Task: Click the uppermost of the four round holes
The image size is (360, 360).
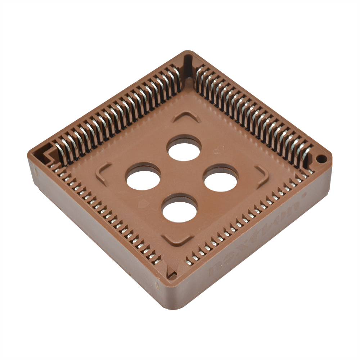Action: click(x=184, y=149)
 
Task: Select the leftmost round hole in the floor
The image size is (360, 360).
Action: click(x=143, y=177)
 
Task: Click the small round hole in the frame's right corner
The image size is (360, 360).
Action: click(x=321, y=158)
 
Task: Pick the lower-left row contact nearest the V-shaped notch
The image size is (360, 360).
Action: click(x=157, y=261)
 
